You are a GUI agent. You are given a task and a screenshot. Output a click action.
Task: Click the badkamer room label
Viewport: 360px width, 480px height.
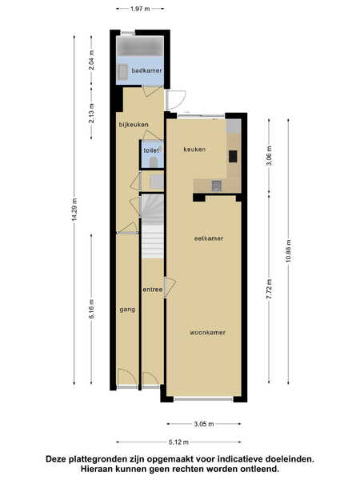click(x=146, y=70)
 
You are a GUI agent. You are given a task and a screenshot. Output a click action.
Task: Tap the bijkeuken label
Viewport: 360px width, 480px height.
click(x=134, y=125)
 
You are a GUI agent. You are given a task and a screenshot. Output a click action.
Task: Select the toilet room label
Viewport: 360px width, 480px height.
click(x=151, y=150)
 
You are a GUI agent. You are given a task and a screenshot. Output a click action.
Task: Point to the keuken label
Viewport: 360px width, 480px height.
click(x=194, y=150)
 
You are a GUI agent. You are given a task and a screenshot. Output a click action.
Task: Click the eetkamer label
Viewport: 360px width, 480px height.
click(x=209, y=238)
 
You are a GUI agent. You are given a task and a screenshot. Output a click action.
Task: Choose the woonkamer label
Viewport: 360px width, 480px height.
click(x=207, y=333)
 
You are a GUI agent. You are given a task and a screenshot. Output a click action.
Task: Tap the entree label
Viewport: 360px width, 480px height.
click(x=153, y=290)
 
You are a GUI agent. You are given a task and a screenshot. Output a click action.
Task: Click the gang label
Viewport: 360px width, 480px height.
click(x=127, y=310)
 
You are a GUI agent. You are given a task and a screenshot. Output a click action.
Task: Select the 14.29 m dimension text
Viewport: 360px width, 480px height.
click(x=74, y=210)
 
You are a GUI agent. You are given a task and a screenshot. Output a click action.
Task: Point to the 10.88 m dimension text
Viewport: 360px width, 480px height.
click(x=288, y=251)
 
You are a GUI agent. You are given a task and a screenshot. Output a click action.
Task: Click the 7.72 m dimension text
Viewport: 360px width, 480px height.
click(x=269, y=290)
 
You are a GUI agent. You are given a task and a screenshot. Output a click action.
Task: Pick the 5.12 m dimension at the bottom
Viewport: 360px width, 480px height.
click(x=178, y=442)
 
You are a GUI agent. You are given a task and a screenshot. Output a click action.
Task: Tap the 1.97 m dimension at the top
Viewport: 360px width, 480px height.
click(x=140, y=9)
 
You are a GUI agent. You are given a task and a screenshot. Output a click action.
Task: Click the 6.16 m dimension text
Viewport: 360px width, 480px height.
click(x=91, y=309)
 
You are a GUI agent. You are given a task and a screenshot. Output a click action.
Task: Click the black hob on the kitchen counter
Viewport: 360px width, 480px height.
click(x=233, y=157)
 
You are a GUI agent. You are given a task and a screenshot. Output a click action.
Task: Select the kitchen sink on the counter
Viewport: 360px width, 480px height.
click(x=216, y=185)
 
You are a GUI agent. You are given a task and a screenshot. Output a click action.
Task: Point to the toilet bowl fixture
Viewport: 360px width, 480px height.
click(x=154, y=162)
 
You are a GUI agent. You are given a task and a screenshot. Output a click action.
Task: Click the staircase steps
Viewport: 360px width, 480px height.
click(x=153, y=227)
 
